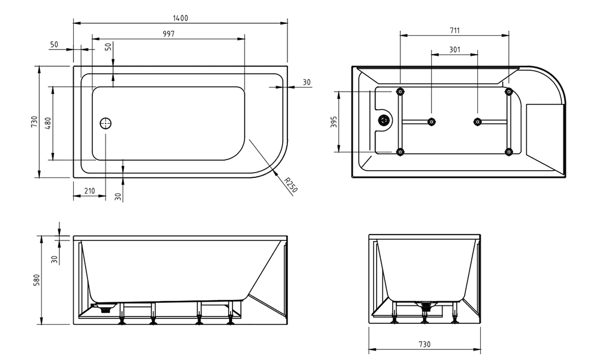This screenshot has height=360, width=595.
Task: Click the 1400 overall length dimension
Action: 180,18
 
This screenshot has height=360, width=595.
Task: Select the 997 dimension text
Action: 168,34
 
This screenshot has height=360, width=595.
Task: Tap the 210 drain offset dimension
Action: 90,191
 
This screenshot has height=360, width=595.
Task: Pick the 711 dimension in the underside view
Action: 455,30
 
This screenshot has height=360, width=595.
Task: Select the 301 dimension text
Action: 455,50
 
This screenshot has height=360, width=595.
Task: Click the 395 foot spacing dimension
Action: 334,122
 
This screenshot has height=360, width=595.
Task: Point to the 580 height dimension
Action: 35,279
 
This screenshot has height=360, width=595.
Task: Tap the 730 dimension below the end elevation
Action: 424,345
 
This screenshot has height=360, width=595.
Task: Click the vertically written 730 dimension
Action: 35,123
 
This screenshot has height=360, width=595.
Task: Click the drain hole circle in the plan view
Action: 106,124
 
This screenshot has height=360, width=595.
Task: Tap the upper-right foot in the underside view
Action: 509,92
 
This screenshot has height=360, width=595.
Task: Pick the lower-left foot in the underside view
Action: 400,152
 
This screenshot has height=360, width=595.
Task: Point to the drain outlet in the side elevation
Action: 105,308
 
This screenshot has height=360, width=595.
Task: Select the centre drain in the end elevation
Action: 424,308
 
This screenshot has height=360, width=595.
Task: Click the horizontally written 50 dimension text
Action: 54,45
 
